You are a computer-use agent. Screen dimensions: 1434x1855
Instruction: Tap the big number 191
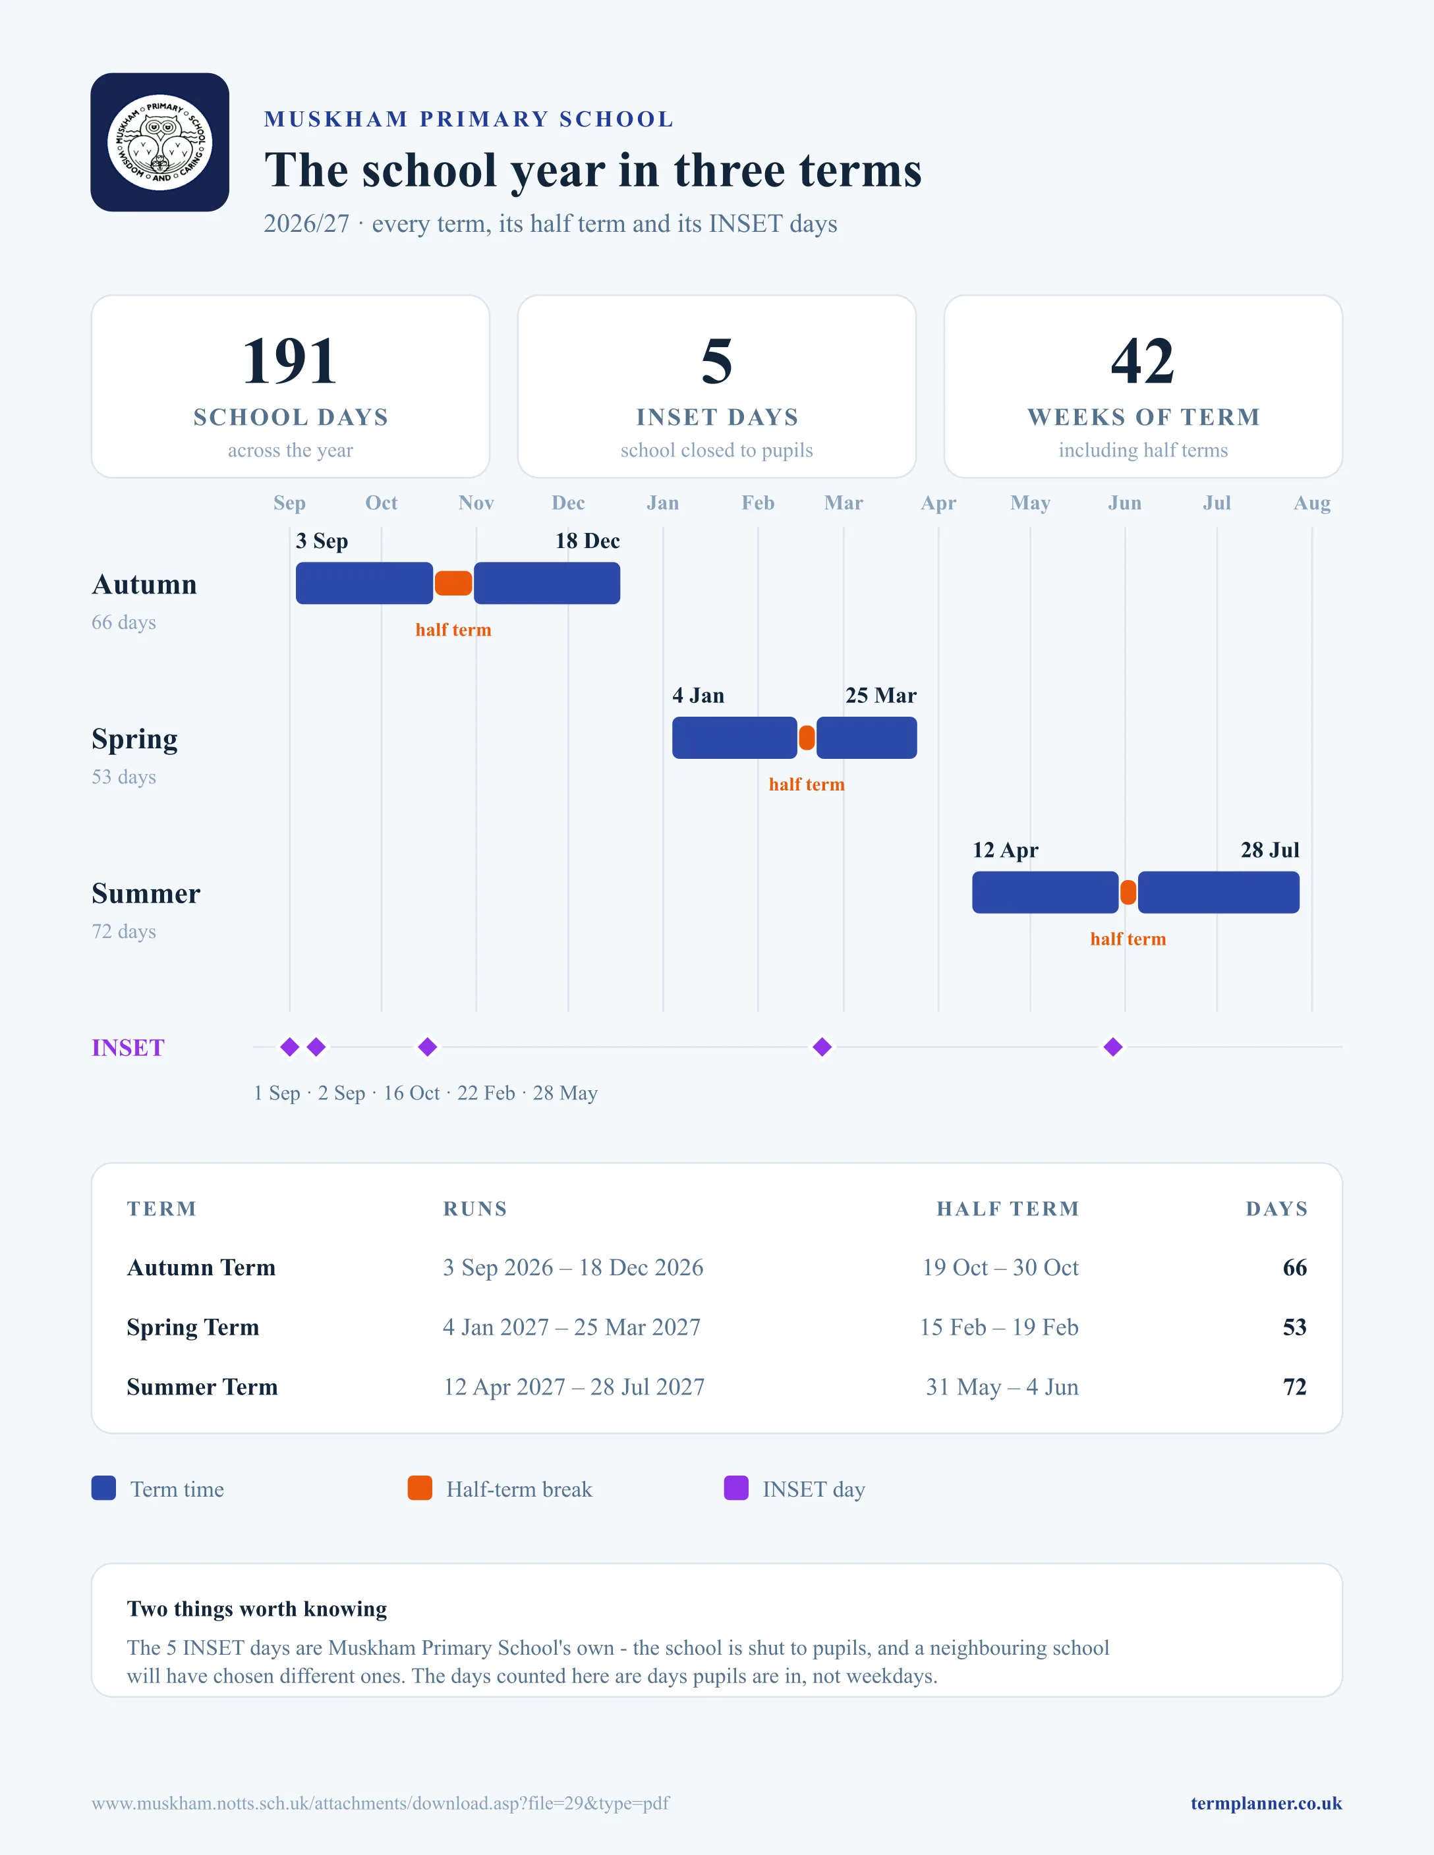(290, 361)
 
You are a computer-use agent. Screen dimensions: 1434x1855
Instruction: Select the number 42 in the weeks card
(1143, 361)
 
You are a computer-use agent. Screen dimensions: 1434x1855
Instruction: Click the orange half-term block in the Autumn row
(453, 584)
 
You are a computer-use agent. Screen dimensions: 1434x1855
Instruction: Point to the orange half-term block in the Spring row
(807, 738)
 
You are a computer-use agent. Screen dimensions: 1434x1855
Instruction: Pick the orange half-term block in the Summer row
(1128, 893)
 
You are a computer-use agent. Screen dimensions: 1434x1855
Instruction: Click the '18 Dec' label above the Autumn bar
(587, 541)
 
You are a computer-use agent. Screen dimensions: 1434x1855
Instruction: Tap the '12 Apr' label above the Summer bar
(1005, 850)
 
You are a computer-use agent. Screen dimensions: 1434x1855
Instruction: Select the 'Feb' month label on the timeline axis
(758, 503)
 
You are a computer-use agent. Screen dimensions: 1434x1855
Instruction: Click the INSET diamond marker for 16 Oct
(427, 1047)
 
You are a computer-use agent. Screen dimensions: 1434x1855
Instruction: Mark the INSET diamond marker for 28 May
(1113, 1047)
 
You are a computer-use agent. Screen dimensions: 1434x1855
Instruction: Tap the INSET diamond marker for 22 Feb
(822, 1047)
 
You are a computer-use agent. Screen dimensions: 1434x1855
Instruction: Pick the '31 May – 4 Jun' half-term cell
(1002, 1387)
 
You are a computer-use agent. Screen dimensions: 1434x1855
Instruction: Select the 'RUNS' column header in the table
(475, 1209)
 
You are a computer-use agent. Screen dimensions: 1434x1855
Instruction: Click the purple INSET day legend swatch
(735, 1488)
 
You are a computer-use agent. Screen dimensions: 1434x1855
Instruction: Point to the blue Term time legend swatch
(103, 1488)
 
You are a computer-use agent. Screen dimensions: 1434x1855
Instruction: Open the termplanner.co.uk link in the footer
(1266, 1803)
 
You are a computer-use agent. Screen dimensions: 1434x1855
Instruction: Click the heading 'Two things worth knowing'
(256, 1609)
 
